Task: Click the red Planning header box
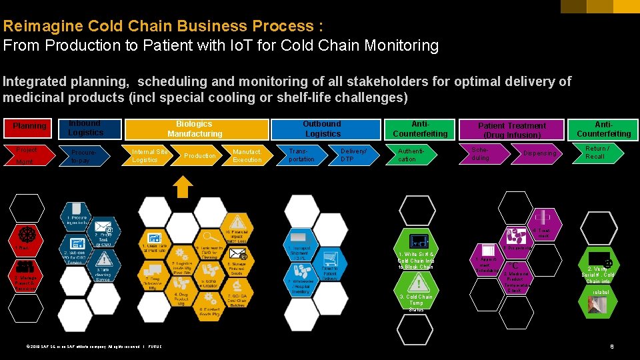(29, 126)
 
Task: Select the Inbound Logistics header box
(86, 128)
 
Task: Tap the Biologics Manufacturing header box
(195, 129)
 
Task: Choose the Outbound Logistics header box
(323, 129)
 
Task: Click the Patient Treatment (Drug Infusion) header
(512, 130)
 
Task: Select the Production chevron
(199, 156)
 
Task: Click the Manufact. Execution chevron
(247, 156)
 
